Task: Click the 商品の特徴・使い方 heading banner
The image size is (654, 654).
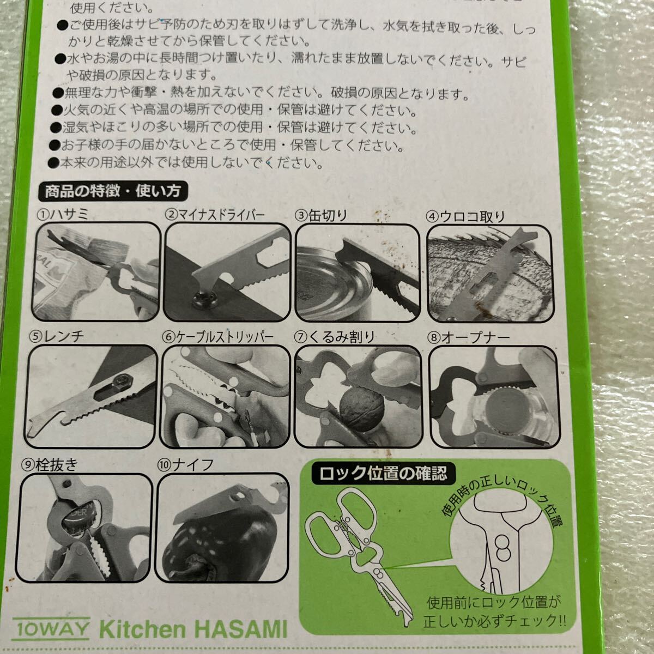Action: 113,191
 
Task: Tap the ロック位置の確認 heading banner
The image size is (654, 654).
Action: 384,473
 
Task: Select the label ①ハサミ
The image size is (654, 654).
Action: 63,214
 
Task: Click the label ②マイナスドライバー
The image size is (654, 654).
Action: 215,215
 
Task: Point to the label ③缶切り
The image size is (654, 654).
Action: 321,215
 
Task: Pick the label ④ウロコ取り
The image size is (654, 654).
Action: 465,217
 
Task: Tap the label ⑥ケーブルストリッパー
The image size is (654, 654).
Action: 218,337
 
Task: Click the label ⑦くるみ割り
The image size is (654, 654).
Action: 334,337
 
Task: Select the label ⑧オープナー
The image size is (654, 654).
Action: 469,338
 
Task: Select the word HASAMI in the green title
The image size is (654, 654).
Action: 241,629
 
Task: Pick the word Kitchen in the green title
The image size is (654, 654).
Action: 142,629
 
